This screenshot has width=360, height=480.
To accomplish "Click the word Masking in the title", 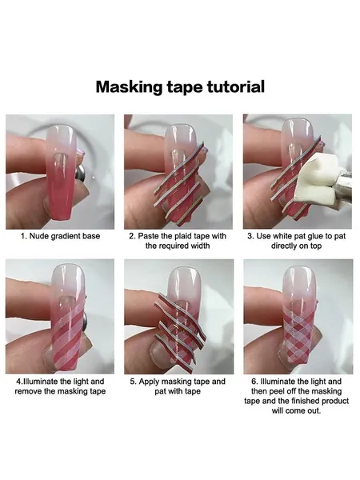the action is pos(130,87).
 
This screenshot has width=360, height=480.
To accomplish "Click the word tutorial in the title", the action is pos(236,86).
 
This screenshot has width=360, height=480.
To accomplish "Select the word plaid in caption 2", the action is pos(184,236).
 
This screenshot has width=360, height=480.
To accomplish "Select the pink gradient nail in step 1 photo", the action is pos(60,172).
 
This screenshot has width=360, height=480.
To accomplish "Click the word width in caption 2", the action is pos(199,246).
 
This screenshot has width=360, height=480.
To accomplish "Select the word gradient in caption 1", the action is pos(62,236).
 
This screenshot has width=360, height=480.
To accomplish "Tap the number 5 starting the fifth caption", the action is pos(133,382).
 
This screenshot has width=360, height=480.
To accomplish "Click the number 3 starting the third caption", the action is pos(250,236).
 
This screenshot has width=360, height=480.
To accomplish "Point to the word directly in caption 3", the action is pos(282,246).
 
